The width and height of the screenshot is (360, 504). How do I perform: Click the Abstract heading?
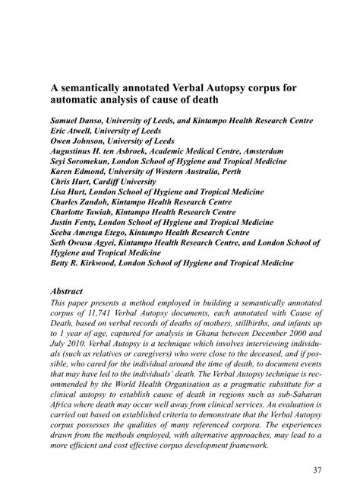(67, 291)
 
